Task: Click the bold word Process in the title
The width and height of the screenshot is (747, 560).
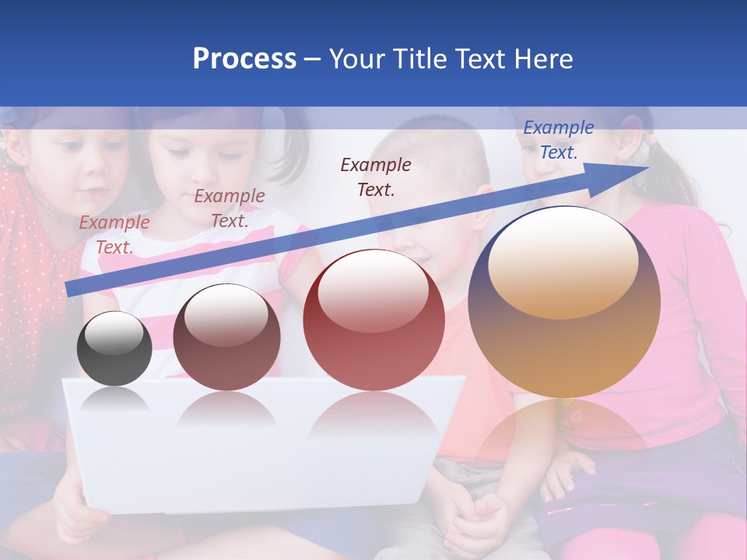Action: (244, 59)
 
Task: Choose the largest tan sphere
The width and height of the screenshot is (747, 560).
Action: (564, 302)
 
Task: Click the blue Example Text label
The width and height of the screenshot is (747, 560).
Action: (558, 140)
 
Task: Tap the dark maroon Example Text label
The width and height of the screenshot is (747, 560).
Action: (376, 177)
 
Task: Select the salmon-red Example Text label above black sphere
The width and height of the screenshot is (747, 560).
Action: (114, 234)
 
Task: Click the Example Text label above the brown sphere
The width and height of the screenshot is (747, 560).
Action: (230, 208)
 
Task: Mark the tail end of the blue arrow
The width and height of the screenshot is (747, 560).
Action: (70, 289)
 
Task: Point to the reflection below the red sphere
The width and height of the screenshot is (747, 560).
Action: (373, 412)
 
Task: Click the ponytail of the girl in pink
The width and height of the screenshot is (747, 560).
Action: (677, 179)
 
